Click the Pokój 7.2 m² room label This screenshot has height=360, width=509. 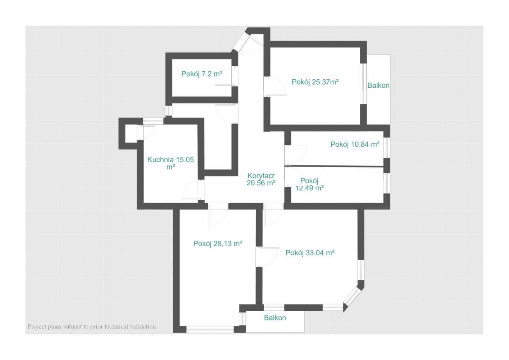tap(202, 74)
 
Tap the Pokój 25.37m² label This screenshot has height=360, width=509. tap(315, 82)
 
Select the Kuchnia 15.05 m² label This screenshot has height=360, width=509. tap(171, 163)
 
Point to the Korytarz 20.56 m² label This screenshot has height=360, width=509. tap(261, 179)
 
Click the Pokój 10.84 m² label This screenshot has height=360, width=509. tap(355, 144)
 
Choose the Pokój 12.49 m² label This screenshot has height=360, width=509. tap(310, 184)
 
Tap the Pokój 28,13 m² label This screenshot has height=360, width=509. tap(218, 243)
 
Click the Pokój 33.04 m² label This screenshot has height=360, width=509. tap(310, 253)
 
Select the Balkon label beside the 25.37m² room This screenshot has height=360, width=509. tap(378, 85)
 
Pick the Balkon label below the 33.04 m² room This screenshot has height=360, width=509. tap(275, 318)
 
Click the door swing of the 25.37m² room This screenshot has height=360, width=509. tap(275, 87)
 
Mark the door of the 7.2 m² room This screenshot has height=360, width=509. tap(227, 76)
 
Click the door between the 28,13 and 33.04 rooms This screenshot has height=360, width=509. tap(267, 257)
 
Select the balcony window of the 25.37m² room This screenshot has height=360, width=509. tap(364, 84)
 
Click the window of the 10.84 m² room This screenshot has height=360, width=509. tap(387, 148)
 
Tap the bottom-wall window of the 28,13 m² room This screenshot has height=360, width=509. tap(210, 329)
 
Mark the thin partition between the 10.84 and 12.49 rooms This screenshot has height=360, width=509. tap(334, 166)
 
